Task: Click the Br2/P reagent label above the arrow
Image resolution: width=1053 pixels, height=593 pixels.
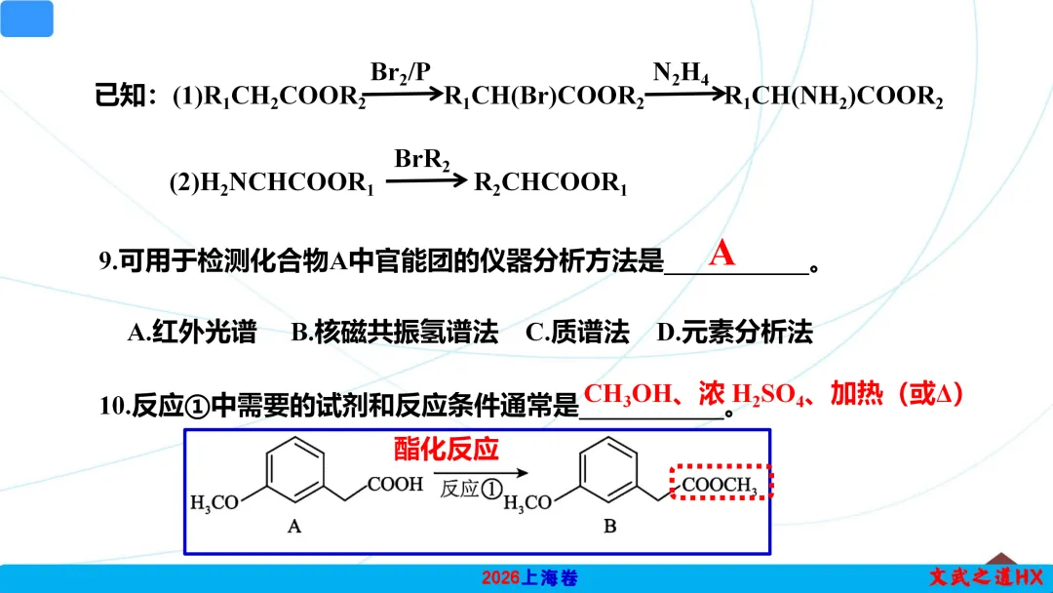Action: [401, 72]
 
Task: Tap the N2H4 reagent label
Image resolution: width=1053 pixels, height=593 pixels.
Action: [681, 72]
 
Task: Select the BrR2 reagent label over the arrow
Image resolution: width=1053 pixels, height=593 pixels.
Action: [422, 161]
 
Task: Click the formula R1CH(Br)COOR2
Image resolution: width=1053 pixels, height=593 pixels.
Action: [544, 97]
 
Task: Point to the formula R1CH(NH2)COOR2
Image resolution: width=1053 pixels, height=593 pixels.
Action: [834, 97]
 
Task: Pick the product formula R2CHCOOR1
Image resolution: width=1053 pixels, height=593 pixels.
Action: [551, 183]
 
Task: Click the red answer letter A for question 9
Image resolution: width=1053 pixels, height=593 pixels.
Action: [721, 254]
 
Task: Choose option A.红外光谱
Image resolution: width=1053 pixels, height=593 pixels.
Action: [192, 332]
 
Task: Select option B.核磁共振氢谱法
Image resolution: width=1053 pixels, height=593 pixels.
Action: [395, 332]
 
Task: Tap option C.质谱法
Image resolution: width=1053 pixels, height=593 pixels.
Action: [577, 332]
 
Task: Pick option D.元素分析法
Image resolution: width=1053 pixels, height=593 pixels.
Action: [735, 332]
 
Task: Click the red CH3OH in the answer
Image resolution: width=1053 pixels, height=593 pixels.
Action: [627, 394]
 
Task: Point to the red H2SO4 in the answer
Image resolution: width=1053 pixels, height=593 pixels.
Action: [767, 395]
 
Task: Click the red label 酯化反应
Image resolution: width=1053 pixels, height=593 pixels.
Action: [446, 450]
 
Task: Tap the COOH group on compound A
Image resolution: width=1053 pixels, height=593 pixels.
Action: [395, 484]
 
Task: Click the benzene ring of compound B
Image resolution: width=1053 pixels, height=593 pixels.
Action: [608, 469]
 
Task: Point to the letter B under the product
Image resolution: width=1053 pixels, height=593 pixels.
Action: [609, 527]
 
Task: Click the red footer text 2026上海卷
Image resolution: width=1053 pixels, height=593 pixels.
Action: [529, 578]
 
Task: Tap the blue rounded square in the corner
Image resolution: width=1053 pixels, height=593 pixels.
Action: [27, 19]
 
